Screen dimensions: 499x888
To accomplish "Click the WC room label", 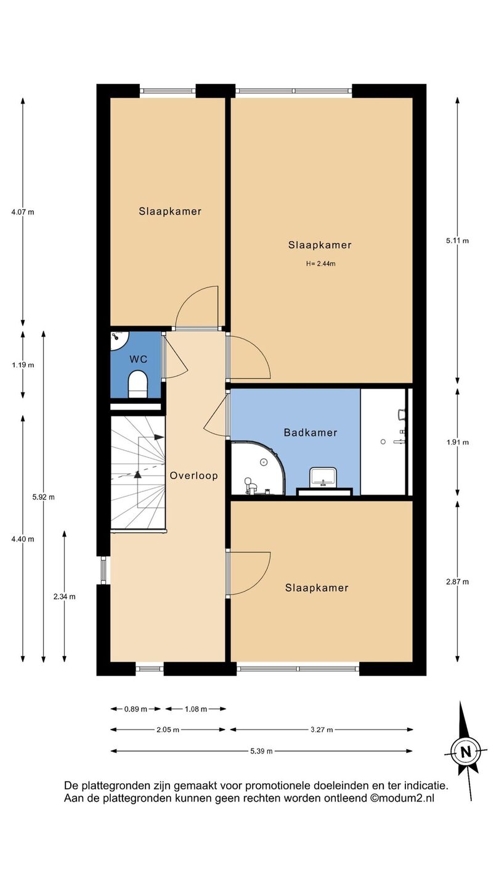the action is pos(138,359).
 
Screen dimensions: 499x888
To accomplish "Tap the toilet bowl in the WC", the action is pos(138,384).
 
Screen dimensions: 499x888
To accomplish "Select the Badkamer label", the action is pos(310,432).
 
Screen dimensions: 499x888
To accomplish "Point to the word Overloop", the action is pos(193,475).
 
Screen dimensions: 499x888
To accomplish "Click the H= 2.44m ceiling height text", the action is pos(320,264).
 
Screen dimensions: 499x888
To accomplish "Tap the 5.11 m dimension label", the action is pos(457,240).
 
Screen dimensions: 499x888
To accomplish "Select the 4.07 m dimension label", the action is pos(23,212).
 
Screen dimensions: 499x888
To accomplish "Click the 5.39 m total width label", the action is pos(261,751).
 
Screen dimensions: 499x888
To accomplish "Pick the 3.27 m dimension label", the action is pos(322,730).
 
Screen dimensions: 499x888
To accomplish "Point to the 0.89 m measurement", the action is pos(136,709).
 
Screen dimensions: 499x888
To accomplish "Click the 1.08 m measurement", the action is pos(196,709).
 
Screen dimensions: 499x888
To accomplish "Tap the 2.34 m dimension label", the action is pos(65,597).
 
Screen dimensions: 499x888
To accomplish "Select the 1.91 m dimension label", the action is pos(457,442).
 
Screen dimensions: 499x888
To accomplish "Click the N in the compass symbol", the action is pos(466,752).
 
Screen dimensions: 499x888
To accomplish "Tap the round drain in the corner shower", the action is pos(263,462).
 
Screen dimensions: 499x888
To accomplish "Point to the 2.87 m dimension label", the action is pos(457,582).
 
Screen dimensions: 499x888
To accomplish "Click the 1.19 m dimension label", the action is pos(23,365).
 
